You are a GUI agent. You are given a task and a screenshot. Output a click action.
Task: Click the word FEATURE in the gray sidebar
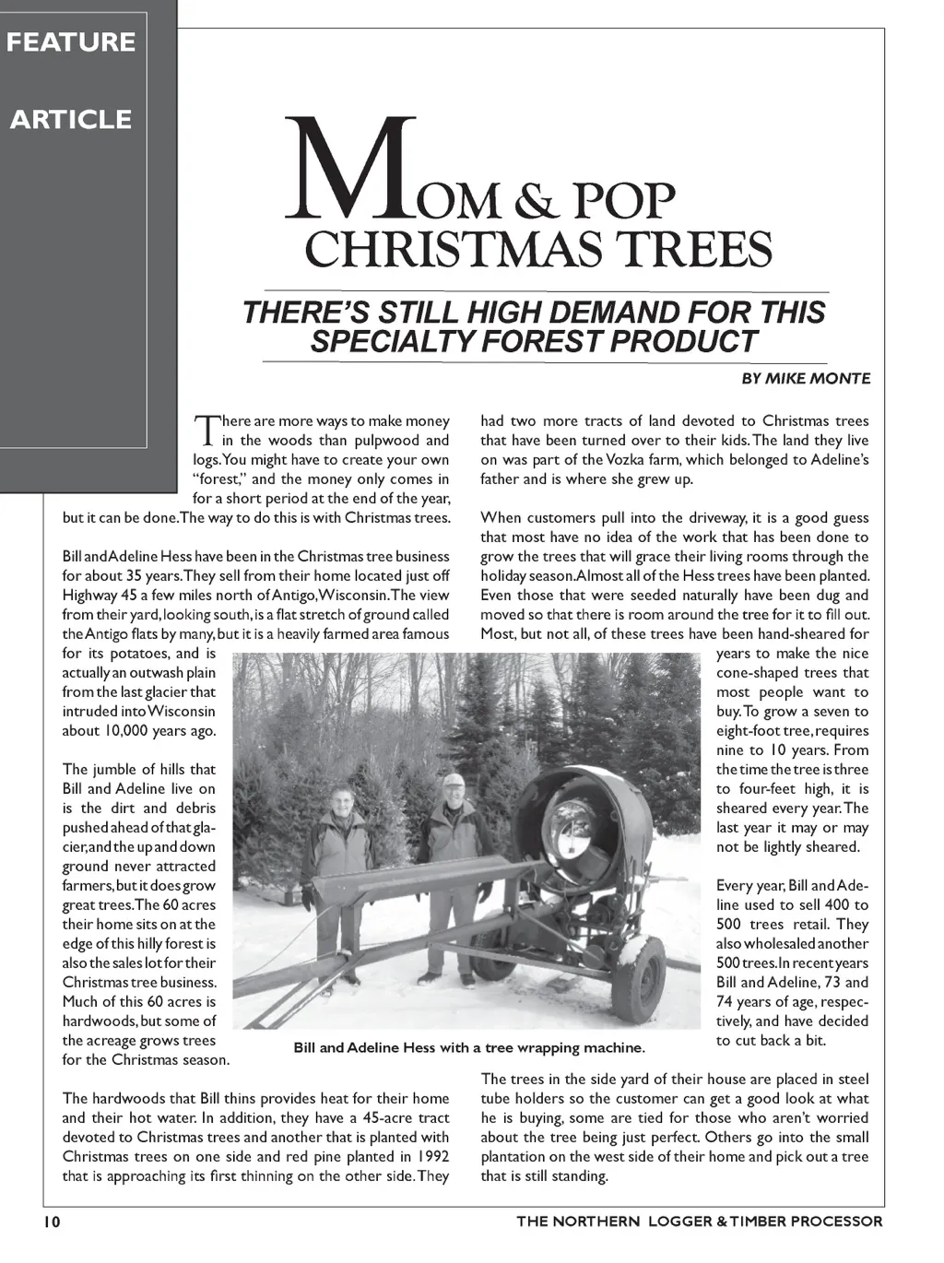tap(71, 42)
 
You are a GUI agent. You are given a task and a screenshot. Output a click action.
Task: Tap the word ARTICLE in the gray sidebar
tap(71, 120)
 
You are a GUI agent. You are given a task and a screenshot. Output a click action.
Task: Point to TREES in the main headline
tap(695, 248)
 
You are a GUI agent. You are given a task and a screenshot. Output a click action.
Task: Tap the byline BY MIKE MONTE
tap(805, 379)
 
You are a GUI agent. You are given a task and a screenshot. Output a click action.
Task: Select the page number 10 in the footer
tap(50, 1222)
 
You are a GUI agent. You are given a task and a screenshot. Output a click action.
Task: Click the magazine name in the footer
tap(699, 1222)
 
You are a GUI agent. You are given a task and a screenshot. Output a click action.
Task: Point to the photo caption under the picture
tap(469, 1048)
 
